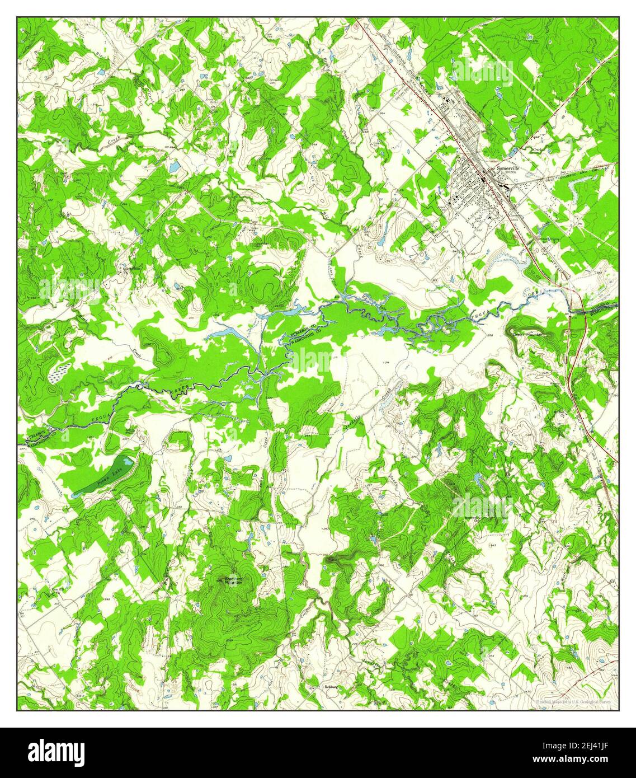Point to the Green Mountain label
point(529,335)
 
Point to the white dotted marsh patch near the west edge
point(59,372)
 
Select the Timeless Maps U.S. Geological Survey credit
point(573,701)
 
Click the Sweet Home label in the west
point(128,268)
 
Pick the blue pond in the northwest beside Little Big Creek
point(175,166)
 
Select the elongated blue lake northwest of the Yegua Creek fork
point(224,334)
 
